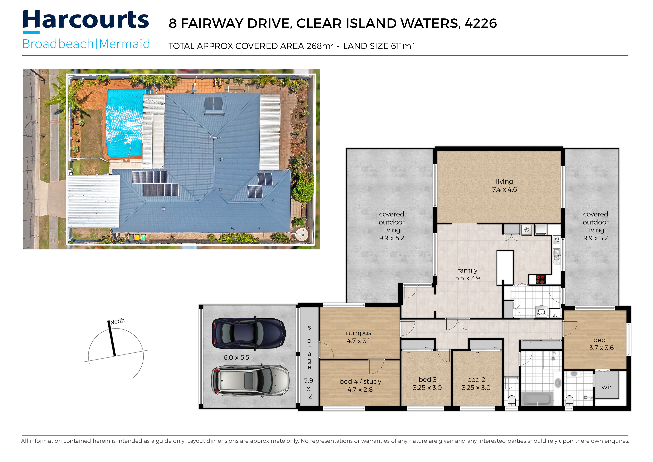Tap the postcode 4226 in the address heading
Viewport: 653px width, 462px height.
481,23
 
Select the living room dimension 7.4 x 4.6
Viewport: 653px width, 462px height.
504,190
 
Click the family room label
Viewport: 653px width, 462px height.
467,270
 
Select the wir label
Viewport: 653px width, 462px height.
606,387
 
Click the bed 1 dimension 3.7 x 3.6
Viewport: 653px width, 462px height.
601,348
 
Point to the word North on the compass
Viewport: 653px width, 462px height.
117,321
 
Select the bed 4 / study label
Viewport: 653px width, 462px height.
360,382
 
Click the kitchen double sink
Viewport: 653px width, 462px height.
557,255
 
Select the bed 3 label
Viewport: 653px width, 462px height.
427,379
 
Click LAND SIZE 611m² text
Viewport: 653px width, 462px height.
378,46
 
